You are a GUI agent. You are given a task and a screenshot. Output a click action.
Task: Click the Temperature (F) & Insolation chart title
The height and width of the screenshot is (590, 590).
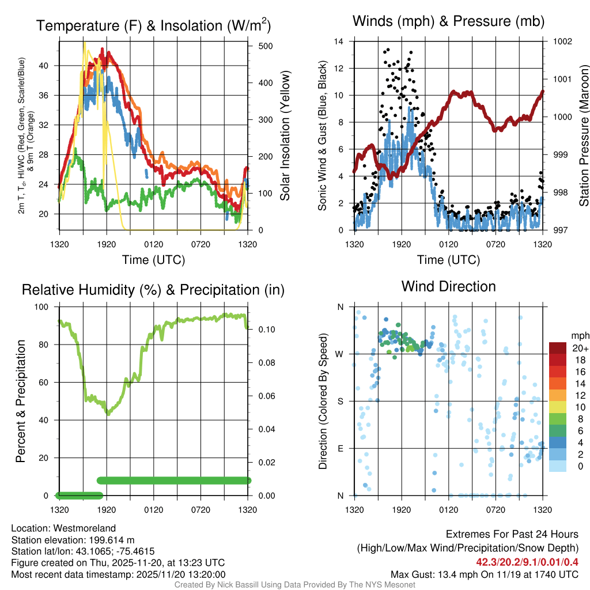tap(153, 25)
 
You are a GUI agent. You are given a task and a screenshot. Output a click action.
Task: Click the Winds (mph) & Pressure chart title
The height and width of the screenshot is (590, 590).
tap(448, 21)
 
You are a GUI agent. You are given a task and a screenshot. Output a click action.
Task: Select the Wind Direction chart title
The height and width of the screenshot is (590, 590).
tap(448, 286)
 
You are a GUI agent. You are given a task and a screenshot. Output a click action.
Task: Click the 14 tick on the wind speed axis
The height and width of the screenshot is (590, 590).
tap(339, 41)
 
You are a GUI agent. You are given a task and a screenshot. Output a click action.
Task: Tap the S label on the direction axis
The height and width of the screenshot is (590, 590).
tap(340, 401)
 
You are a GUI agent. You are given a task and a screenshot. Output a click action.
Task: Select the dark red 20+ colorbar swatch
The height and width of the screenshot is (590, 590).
tap(557, 348)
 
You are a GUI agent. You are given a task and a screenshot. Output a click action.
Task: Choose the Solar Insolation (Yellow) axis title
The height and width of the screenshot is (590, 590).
tap(285, 135)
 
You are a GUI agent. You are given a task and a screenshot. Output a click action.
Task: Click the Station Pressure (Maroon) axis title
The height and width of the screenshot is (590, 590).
tap(584, 135)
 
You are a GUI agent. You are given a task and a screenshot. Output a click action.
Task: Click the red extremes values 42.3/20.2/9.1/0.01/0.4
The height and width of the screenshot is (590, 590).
tap(527, 562)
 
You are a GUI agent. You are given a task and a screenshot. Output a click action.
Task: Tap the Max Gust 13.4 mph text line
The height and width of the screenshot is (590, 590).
tap(484, 574)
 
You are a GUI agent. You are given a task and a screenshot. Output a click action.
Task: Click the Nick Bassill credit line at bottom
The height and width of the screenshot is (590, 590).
tap(295, 585)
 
